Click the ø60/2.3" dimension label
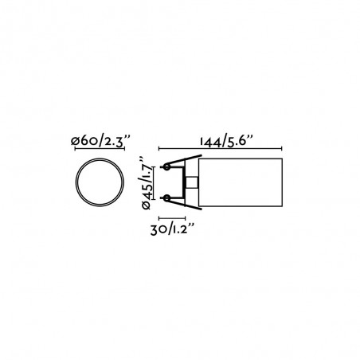100,141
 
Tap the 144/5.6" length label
227,142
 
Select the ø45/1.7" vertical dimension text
146,182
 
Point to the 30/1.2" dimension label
173,229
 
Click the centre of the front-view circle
100,182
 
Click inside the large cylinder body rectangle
241,182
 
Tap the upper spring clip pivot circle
166,167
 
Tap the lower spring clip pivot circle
166,198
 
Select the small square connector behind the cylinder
192,182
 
